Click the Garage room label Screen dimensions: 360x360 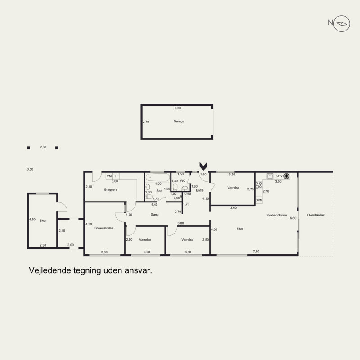[x=179, y=121]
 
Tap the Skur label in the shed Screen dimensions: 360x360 [x=43, y=220]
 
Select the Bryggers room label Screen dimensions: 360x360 [x=111, y=189]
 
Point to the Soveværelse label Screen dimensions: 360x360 [x=104, y=228]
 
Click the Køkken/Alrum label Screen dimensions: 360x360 [x=277, y=215]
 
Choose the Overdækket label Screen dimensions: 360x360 [x=316, y=215]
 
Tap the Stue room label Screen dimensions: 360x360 [x=240, y=229]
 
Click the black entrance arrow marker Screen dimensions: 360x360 [x=203, y=166]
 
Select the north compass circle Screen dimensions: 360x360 [x=342, y=24]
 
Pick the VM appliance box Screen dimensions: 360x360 [x=109, y=176]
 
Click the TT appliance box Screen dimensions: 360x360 [x=116, y=176]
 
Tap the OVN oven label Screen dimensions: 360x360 [x=259, y=200]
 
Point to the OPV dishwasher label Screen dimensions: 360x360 [x=279, y=176]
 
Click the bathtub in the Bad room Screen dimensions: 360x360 [x=158, y=177]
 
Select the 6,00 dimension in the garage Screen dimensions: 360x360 [x=178, y=108]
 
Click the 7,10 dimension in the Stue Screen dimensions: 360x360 [x=256, y=252]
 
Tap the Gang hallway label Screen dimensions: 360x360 [x=154, y=215]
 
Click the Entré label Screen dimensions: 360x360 [x=199, y=190]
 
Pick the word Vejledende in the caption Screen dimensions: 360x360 [x=50, y=270]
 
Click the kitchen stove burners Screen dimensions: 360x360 [x=259, y=185]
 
